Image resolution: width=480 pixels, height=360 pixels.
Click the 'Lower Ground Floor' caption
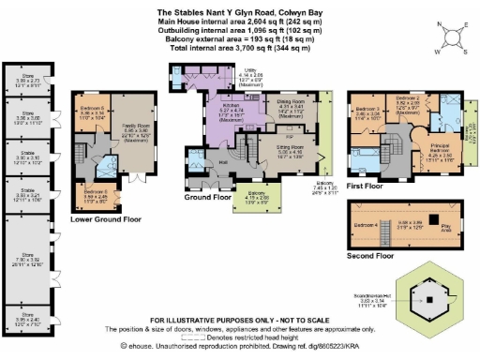104,219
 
